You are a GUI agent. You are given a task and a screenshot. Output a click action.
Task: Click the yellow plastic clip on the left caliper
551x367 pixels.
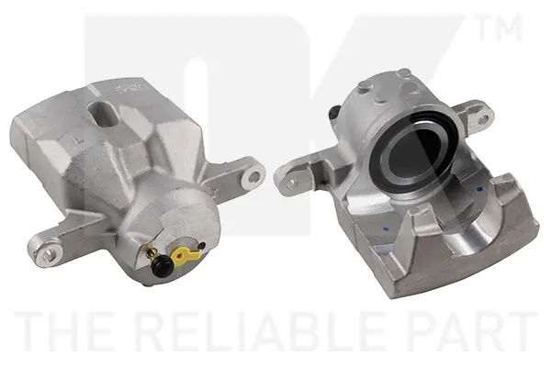[x=186, y=255]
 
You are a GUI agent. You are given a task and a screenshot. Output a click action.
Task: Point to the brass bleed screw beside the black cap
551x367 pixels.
[x=152, y=252]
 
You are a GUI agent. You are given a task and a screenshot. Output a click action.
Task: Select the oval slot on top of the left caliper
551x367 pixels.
[x=103, y=115]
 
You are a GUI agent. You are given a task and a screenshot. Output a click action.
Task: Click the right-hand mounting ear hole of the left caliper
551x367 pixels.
[x=254, y=175]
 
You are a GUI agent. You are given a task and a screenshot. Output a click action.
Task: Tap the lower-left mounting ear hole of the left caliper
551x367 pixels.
[x=50, y=254]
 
